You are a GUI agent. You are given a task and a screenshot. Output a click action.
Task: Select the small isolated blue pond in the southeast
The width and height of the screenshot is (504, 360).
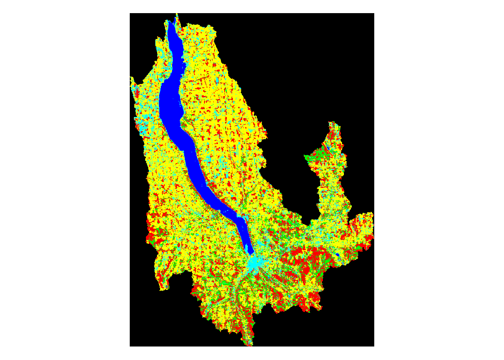(337, 255)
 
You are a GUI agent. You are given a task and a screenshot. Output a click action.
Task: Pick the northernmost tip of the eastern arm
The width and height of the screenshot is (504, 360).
(331, 122)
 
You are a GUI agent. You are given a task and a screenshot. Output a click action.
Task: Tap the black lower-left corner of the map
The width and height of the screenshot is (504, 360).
(135, 341)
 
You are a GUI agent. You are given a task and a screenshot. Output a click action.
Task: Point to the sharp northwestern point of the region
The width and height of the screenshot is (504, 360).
(131, 78)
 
